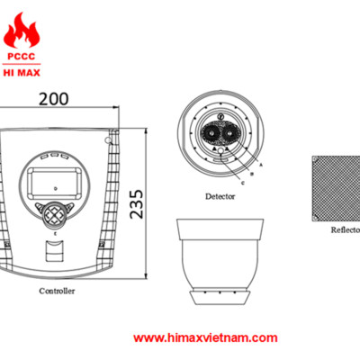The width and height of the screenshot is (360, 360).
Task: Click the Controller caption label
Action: click(57, 292)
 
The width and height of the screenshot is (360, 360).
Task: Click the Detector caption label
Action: click(220, 195)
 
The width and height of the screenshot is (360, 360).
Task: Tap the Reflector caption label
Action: click(345, 229)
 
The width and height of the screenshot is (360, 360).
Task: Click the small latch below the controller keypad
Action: click(56, 254)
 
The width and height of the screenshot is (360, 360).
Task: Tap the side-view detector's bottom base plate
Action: click(219, 297)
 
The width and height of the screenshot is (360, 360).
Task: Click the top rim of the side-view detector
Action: click(219, 221)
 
